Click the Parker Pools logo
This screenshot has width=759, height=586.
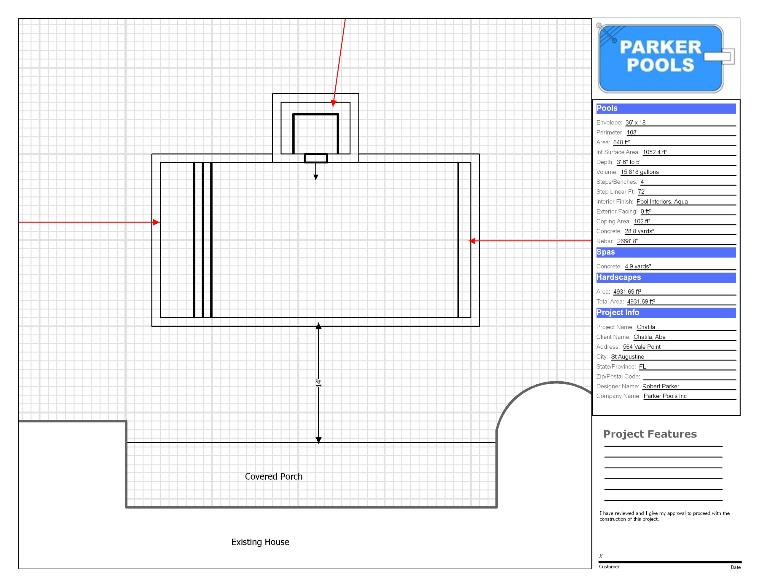(664, 58)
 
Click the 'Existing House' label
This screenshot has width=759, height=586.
(260, 542)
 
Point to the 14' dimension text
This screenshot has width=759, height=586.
(318, 383)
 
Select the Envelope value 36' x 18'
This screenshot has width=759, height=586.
(636, 122)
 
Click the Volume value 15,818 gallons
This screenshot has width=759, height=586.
(640, 172)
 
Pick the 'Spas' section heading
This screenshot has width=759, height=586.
(605, 252)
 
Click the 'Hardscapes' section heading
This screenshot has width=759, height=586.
(618, 277)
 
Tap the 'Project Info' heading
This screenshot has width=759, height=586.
(618, 312)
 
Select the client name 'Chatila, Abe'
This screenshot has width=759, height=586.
(649, 337)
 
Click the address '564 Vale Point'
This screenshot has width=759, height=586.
(642, 346)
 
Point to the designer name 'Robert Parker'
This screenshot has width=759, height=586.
(660, 386)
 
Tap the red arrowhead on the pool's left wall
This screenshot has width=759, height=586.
(156, 222)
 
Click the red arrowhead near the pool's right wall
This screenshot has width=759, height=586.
(472, 241)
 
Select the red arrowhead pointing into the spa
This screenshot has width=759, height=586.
(334, 103)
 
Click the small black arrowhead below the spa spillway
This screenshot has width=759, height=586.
(315, 177)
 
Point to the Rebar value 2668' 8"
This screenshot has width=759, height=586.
(627, 241)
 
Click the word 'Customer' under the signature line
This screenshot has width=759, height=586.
(609, 566)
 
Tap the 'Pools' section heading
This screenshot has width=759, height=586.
(607, 108)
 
